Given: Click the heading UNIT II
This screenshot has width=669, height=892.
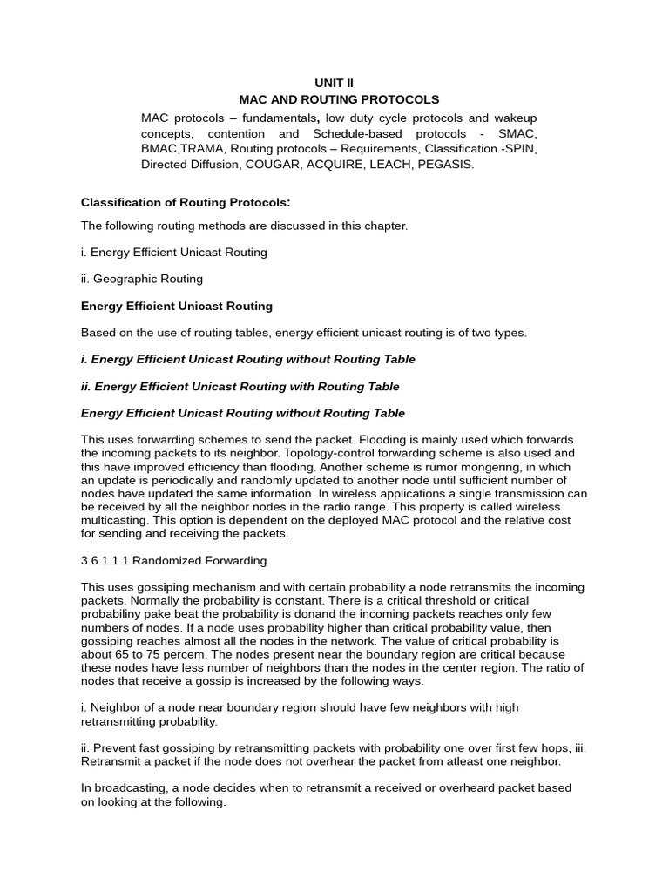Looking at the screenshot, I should (x=340, y=83).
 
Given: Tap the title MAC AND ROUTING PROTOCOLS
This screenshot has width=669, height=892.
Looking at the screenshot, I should (x=340, y=100).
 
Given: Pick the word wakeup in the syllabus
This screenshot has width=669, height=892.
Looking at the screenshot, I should (x=514, y=118).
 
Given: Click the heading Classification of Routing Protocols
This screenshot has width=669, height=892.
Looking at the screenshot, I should (x=185, y=203).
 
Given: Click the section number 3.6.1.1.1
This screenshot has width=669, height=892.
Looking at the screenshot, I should (x=114, y=560).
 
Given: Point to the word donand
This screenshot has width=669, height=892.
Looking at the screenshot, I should (x=330, y=614).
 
